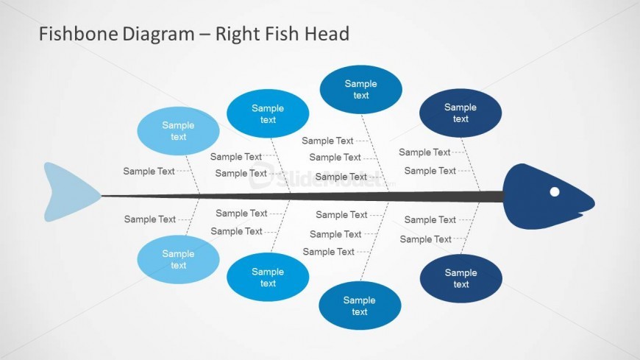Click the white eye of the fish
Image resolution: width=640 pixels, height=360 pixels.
coord(555,192)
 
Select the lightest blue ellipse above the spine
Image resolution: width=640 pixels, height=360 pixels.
coord(178,131)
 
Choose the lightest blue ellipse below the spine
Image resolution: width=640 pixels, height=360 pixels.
coord(179,260)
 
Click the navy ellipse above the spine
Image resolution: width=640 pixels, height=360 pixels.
coord(461,113)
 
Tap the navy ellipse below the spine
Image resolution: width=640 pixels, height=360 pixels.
coord(461,278)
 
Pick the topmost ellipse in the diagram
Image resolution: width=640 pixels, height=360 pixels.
coord(361,90)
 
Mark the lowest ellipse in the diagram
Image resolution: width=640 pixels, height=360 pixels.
coord(360,306)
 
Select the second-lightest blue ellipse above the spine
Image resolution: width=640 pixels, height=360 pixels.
coord(268,113)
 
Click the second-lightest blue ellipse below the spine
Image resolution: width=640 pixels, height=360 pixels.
coord(268,278)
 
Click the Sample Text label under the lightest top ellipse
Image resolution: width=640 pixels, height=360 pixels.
coord(149,172)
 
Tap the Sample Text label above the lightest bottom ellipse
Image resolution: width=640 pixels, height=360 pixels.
coord(150,219)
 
